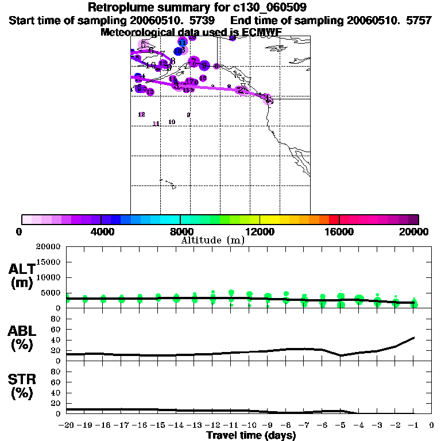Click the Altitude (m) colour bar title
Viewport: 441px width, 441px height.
[x=213, y=240]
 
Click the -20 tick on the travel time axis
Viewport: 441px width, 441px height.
[x=67, y=425]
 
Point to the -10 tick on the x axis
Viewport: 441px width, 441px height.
[x=249, y=425]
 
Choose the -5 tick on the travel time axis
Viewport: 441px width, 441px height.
[x=340, y=425]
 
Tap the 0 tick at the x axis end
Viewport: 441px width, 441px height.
[x=431, y=425]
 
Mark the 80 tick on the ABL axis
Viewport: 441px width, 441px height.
[x=56, y=319]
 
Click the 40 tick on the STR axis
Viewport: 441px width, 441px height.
[x=56, y=392]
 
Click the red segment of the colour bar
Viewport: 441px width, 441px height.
[x=334, y=219]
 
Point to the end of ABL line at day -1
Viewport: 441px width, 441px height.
[x=413, y=338]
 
